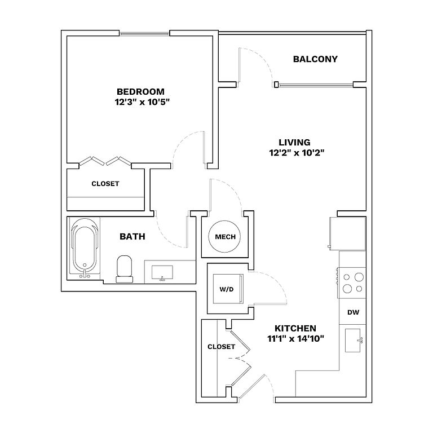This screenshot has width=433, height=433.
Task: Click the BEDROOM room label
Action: point(140,92)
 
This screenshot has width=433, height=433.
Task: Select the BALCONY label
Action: point(315,59)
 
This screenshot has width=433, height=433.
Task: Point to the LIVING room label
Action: point(294,142)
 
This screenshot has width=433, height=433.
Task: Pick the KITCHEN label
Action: point(295,328)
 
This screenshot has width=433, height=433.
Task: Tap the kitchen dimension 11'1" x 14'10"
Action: point(295,338)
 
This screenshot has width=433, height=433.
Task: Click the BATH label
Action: point(132,237)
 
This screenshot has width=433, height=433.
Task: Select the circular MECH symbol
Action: point(225,237)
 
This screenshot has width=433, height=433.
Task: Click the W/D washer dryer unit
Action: point(227,289)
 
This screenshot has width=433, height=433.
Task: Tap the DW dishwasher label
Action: point(353,312)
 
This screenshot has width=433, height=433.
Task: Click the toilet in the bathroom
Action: point(124,268)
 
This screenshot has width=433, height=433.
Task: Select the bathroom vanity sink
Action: point(162,271)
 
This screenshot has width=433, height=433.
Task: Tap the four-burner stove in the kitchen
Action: point(353,282)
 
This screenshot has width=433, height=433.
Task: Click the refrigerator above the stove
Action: point(347,232)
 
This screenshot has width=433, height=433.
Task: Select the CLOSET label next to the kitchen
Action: point(221,347)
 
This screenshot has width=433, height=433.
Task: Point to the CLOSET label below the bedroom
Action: point(105,184)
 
